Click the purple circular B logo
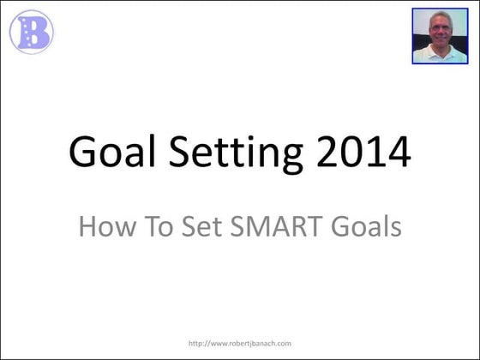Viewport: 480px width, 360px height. coord(31,32)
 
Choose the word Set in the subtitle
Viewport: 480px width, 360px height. coord(200,227)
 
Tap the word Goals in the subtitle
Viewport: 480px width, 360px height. coord(365,227)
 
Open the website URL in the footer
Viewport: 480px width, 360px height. coord(241,342)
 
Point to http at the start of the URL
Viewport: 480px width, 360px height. coord(195,342)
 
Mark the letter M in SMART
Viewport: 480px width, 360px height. coord(261,227)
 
